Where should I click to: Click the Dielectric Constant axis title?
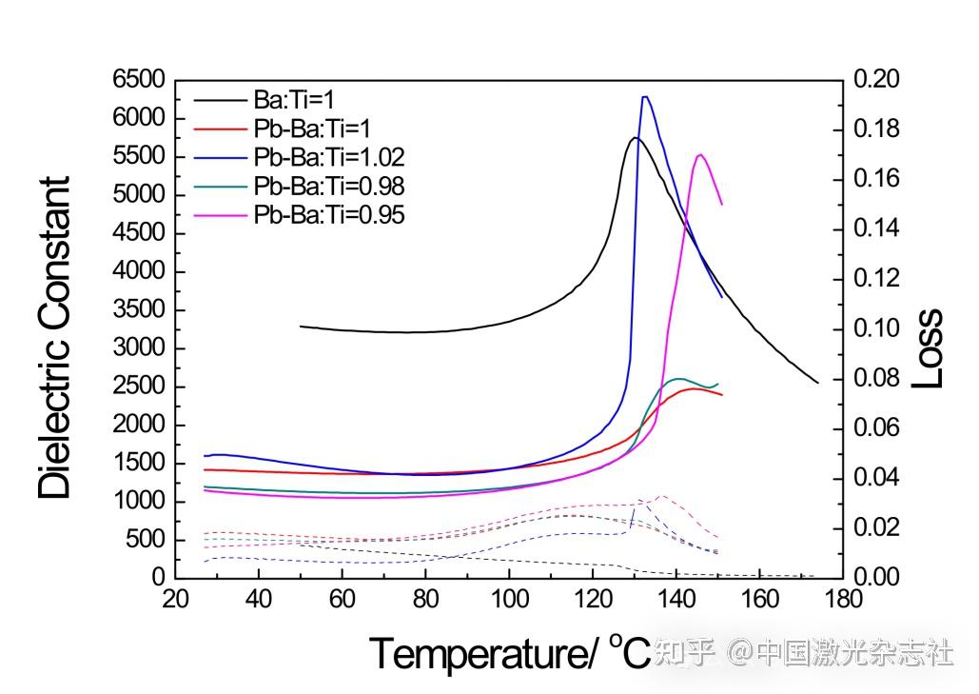[x=55, y=338]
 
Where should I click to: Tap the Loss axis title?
[x=928, y=347]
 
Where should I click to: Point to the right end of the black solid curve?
[x=817, y=383]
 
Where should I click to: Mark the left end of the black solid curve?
[x=301, y=327]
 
